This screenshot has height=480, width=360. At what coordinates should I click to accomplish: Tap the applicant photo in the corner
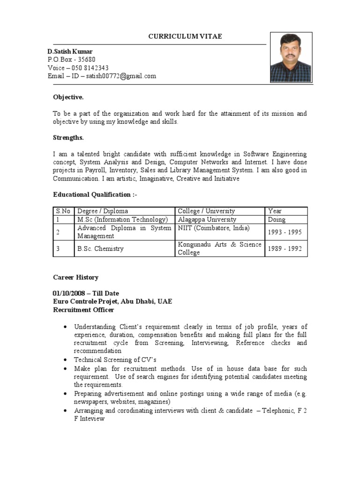pos(291,58)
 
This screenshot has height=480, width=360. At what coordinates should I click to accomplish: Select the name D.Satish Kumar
pos(70,51)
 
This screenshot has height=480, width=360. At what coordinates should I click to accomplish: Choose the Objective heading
pos(68,97)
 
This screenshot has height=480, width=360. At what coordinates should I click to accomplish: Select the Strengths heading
pos(68,137)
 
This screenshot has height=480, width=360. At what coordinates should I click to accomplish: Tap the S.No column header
pos(62,211)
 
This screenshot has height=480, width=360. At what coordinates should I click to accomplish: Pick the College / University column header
pos(206,211)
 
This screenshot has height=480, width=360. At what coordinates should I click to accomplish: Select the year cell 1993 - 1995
pos(285,232)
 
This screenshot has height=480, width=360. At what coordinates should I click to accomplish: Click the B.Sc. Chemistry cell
pos(100,248)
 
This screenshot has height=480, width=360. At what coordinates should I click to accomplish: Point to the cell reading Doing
pos(277,219)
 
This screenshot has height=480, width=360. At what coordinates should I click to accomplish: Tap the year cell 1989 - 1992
pos(285,248)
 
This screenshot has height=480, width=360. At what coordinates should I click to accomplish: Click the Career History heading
pos(75,277)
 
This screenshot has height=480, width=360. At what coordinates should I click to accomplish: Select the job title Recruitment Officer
pos(83,310)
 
